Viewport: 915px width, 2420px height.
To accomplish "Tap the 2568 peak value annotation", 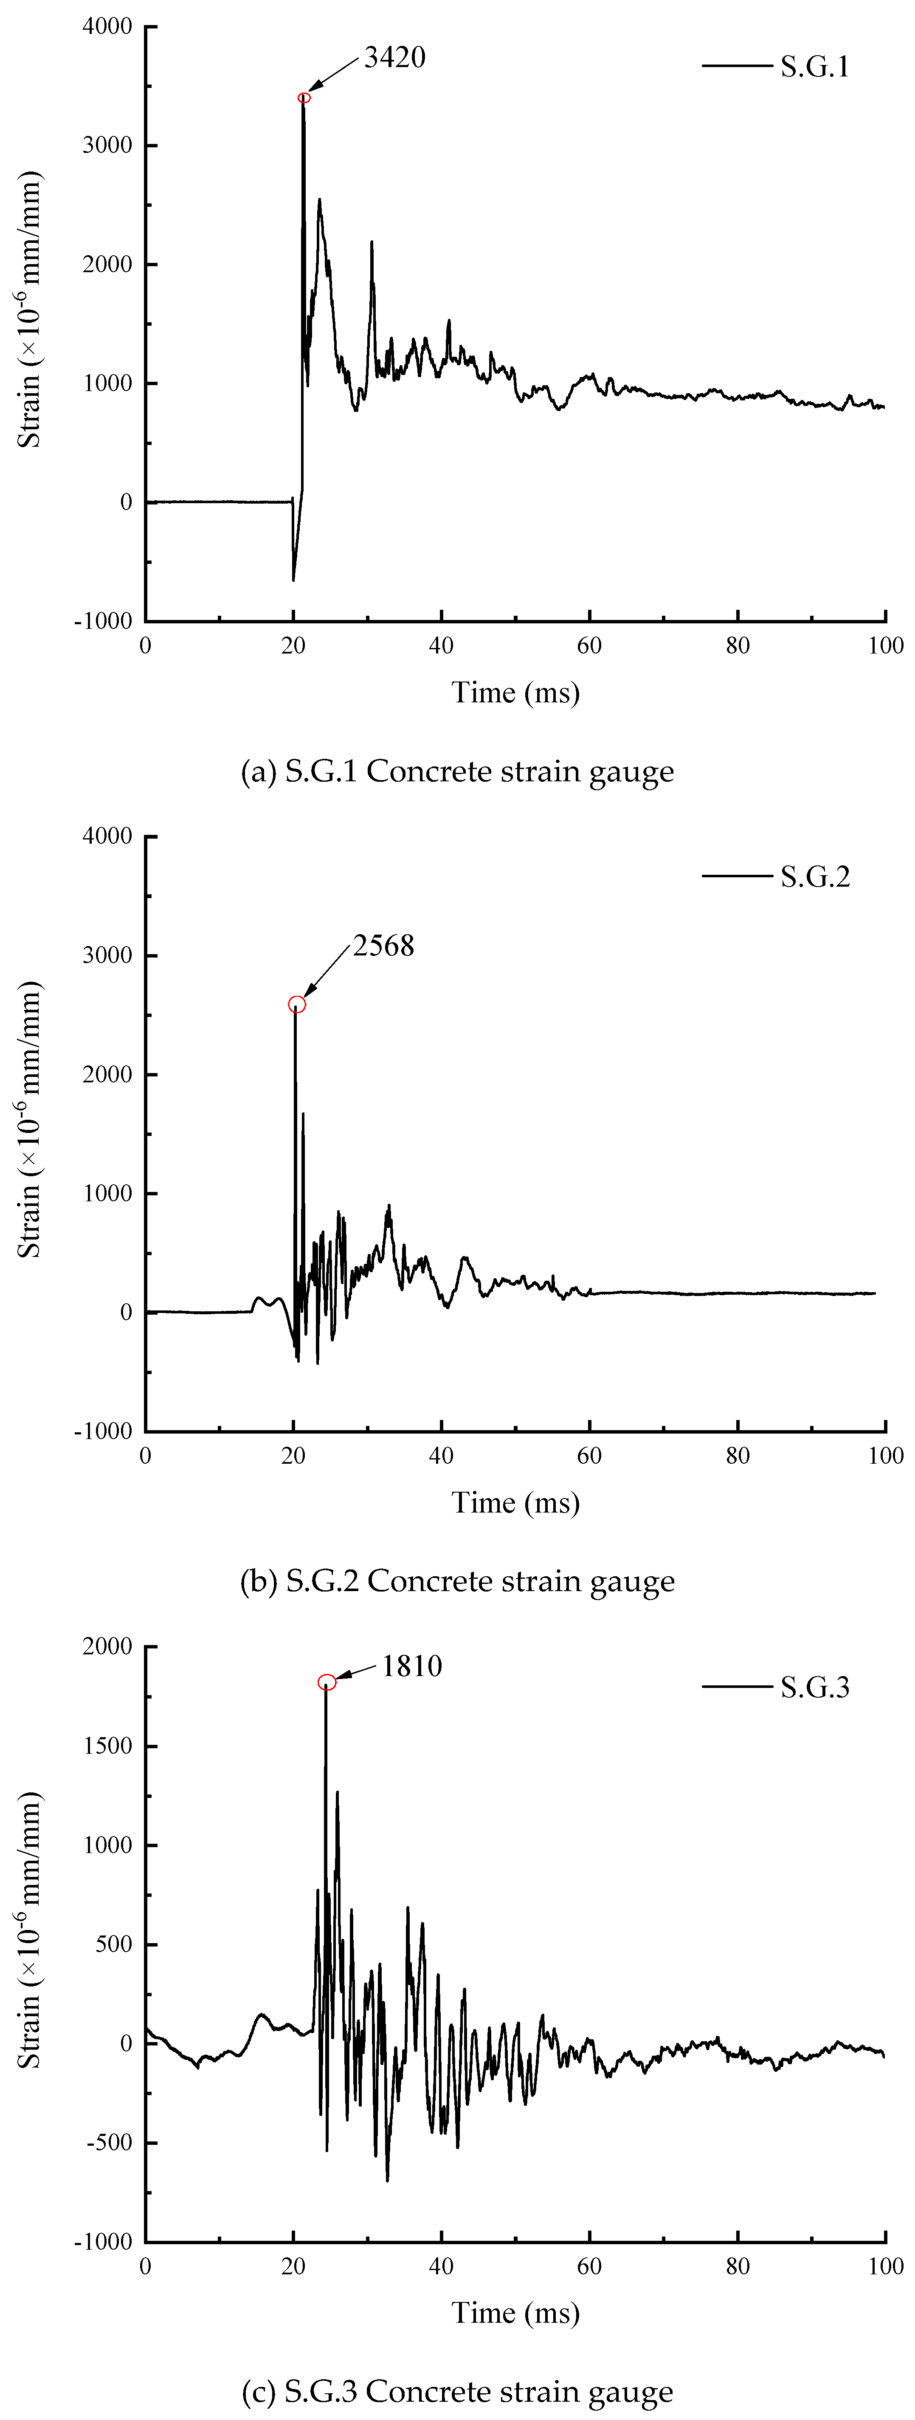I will click(x=383, y=946).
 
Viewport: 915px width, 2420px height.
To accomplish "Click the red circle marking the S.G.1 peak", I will click(x=304, y=98).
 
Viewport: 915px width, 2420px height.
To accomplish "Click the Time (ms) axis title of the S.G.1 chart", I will click(x=516, y=693).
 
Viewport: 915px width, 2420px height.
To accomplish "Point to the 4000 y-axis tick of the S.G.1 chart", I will click(x=107, y=26).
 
